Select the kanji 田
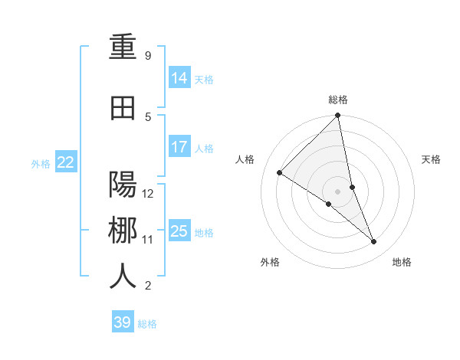tap(123, 109)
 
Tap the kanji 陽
tap(123, 185)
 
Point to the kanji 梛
tap(123, 231)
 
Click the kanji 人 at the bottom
tap(123, 276)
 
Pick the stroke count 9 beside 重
tap(148, 56)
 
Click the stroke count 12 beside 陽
tap(149, 193)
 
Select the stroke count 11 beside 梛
tap(148, 239)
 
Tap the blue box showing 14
tap(179, 78)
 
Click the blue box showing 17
tap(179, 147)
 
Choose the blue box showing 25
tap(179, 231)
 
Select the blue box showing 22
tap(66, 162)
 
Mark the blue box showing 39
tap(123, 322)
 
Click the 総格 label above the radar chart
tap(338, 100)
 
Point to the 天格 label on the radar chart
tap(432, 159)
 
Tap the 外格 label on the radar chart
tap(270, 262)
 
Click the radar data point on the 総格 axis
tap(338, 116)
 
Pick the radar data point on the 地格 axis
tap(374, 242)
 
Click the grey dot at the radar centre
tap(338, 191)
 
